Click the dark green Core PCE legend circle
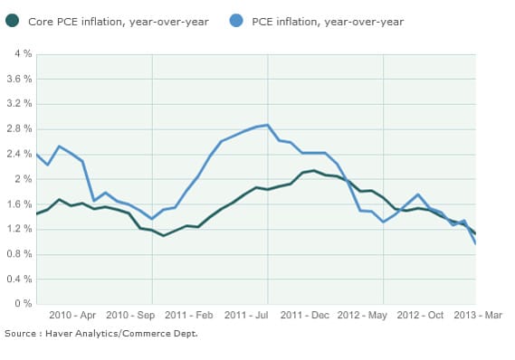(x=12, y=21)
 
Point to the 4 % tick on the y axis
(x=23, y=54)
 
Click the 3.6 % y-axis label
(x=19, y=80)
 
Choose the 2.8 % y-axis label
(x=19, y=129)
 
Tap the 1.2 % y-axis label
(x=19, y=229)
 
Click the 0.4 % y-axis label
(x=19, y=279)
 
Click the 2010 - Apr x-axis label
(x=74, y=316)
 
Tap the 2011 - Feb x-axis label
(x=190, y=316)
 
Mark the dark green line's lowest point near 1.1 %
(x=164, y=235)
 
